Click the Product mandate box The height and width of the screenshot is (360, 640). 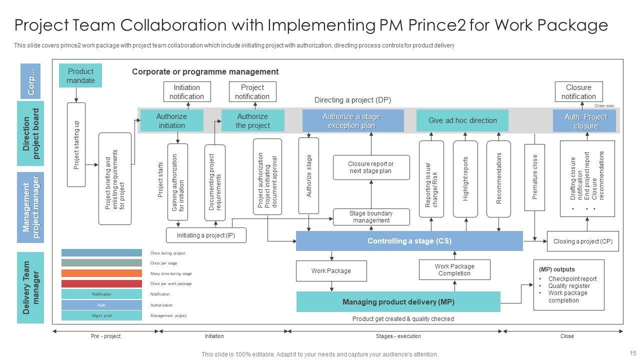click(x=80, y=75)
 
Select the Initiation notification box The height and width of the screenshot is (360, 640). click(x=186, y=92)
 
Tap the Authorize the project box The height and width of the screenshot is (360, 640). click(x=252, y=121)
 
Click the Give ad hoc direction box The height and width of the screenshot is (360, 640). click(x=462, y=120)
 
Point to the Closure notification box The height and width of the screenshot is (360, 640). click(x=578, y=92)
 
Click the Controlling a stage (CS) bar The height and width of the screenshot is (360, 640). click(x=409, y=241)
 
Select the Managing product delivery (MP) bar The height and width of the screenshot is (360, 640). click(x=398, y=302)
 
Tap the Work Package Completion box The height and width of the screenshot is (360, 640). click(x=454, y=270)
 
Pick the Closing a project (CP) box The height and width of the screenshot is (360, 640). click(x=582, y=241)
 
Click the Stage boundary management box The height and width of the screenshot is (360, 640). click(x=371, y=217)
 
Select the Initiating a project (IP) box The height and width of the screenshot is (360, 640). click(x=206, y=235)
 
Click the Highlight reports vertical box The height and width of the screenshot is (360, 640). click(x=465, y=179)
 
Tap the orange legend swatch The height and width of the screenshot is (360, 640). click(x=101, y=273)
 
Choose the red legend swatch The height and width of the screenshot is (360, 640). click(x=101, y=283)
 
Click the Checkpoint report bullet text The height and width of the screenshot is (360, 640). click(x=572, y=279)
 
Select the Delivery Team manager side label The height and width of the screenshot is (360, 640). click(x=30, y=287)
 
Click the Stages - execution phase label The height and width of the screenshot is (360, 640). click(x=398, y=336)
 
